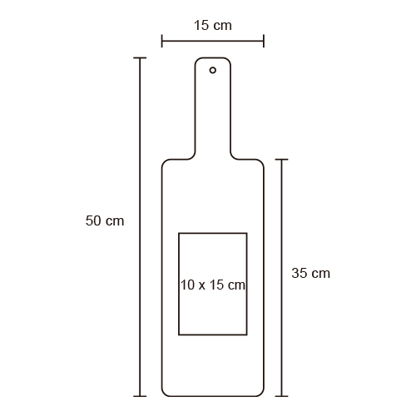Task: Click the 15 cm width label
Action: click(x=213, y=25)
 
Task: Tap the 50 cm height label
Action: click(x=105, y=220)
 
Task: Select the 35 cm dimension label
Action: click(x=311, y=273)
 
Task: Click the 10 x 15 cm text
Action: click(x=213, y=285)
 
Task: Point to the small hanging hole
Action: click(x=213, y=70)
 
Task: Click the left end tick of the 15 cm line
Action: click(x=162, y=41)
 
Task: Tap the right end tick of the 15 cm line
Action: click(x=264, y=41)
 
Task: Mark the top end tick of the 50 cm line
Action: click(x=140, y=58)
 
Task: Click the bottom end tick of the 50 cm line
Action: click(x=140, y=396)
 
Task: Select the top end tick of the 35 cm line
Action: click(x=282, y=160)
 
